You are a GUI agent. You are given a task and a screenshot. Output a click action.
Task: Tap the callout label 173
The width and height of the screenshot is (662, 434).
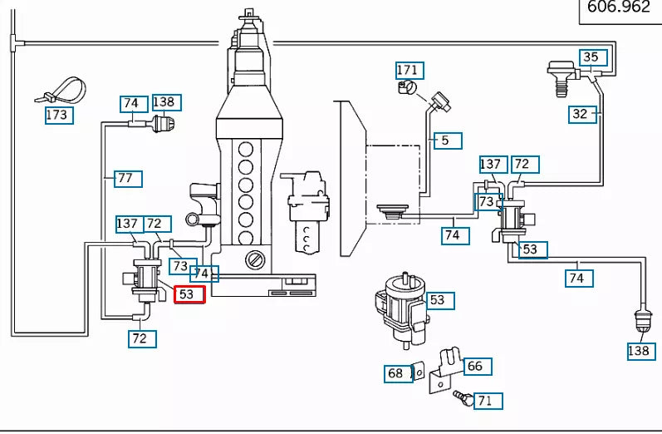(59, 114)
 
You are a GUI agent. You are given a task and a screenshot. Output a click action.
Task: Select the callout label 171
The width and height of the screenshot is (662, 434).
(407, 71)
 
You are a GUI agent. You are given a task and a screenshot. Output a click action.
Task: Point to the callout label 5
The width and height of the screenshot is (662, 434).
(446, 141)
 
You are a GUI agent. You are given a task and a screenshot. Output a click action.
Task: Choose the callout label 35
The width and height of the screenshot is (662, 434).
(590, 57)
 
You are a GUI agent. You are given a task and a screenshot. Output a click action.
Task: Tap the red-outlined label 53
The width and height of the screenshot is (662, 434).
(188, 294)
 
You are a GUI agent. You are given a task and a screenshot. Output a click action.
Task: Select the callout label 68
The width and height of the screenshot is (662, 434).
(396, 373)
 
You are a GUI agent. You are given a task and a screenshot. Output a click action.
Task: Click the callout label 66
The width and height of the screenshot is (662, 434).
(474, 366)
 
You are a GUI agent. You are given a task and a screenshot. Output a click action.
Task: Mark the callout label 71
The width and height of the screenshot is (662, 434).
(485, 401)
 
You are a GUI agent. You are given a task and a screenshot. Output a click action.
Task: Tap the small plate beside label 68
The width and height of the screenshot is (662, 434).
(419, 372)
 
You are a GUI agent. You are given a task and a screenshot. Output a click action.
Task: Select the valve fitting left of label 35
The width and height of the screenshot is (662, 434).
(561, 75)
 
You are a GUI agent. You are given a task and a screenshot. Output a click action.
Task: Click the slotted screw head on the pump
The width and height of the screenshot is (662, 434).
(257, 260)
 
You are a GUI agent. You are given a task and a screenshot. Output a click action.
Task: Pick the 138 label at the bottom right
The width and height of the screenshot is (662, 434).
(640, 351)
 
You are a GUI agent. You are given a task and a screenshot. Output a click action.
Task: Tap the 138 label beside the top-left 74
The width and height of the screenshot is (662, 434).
(164, 103)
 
